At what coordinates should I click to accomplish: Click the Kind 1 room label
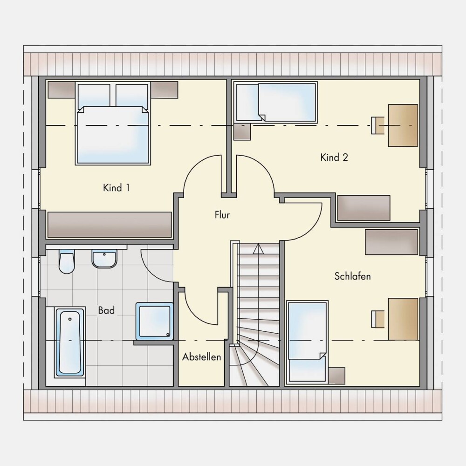tap(116, 188)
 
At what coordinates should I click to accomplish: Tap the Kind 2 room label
tap(334, 157)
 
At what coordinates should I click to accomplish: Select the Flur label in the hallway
tap(222, 215)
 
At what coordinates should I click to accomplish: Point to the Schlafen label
tap(352, 276)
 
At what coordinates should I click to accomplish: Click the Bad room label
tap(106, 310)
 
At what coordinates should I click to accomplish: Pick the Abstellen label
tap(201, 356)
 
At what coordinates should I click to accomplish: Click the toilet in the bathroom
tap(67, 261)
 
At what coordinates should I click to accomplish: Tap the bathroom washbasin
tap(104, 259)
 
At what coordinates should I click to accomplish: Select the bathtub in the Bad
tap(70, 343)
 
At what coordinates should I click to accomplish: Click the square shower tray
tap(155, 321)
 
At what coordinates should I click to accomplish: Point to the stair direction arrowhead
tap(258, 249)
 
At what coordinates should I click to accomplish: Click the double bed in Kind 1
tap(113, 124)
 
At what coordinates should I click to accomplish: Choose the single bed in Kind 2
tap(276, 102)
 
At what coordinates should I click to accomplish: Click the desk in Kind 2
tap(403, 125)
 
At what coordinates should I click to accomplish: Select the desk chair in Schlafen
tap(377, 319)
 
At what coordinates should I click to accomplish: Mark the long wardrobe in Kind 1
tap(110, 225)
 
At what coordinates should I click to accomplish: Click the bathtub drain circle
tap(70, 319)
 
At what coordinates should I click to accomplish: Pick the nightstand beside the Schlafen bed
tap(336, 376)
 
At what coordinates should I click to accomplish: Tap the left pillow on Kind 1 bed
tap(94, 96)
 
